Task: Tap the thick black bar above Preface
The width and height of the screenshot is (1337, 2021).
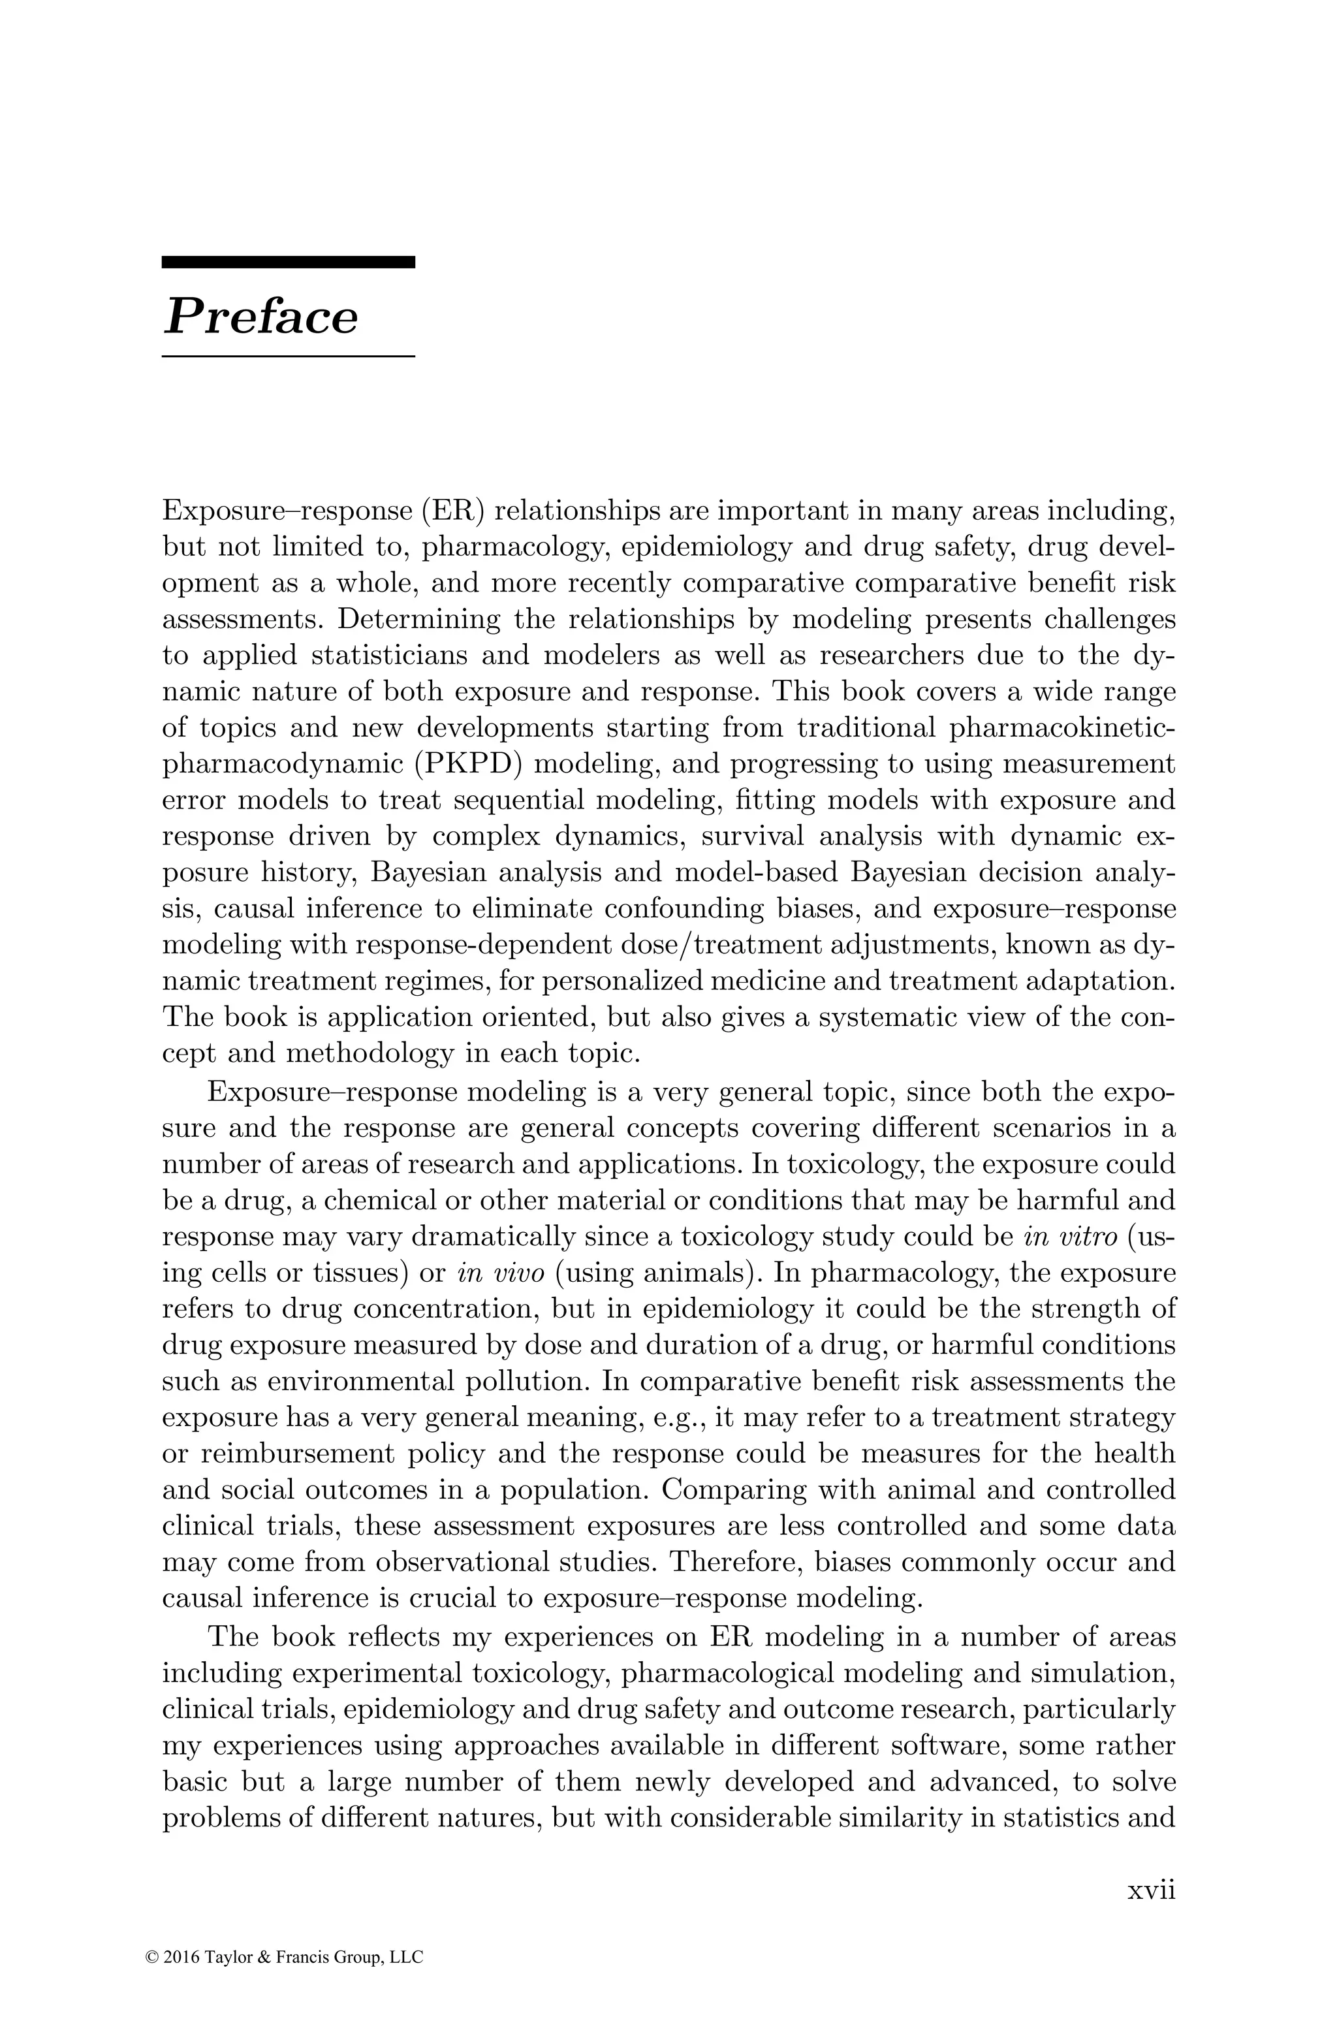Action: [288, 263]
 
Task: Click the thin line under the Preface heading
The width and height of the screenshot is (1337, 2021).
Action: [288, 356]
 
